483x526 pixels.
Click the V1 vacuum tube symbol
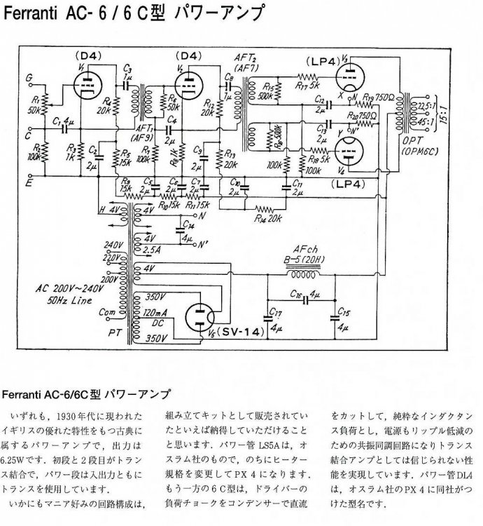coord(87,83)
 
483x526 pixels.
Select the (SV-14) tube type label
coord(239,332)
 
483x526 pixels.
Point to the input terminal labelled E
coord(29,183)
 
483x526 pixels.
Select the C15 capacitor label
coord(343,311)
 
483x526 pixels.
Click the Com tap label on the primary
coord(108,312)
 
